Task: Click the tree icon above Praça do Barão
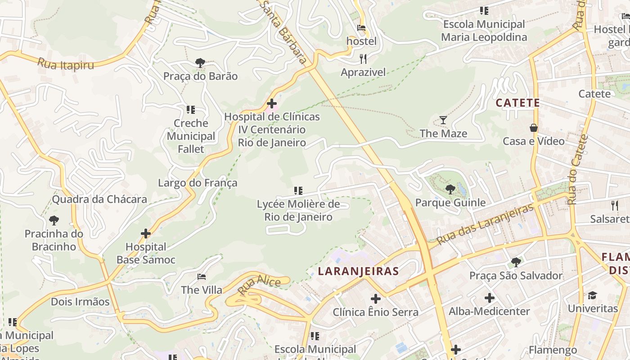(200, 63)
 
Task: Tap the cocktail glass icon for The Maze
(443, 120)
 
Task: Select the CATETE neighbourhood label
(517, 103)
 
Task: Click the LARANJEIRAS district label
(358, 271)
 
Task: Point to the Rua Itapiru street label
(66, 64)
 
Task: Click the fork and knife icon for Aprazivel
(363, 59)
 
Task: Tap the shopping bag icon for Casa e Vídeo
(533, 128)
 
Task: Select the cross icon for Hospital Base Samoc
(146, 234)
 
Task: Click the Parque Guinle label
(450, 202)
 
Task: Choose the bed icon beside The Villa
(202, 276)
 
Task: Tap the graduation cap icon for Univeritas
(592, 295)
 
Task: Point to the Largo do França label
(198, 183)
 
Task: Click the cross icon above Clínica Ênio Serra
(375, 298)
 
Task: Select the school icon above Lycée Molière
(298, 191)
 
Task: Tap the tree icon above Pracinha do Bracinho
(54, 220)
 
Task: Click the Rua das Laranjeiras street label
(485, 224)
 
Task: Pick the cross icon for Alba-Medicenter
(489, 298)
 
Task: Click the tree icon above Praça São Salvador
(516, 262)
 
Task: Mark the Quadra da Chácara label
(99, 199)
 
